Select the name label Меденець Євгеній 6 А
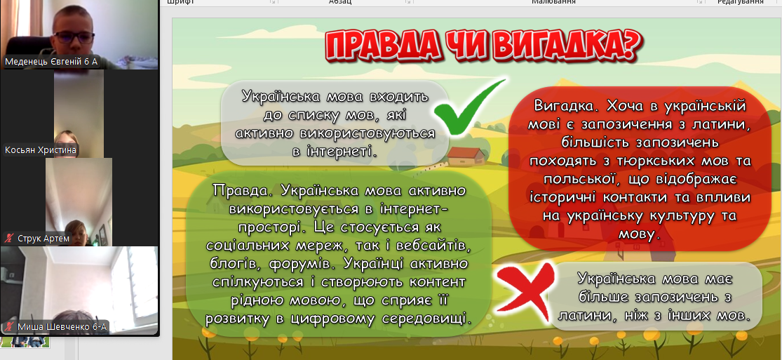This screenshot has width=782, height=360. tap(51, 62)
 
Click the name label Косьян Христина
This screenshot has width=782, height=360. tap(41, 149)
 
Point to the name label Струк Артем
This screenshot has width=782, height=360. tap(43, 239)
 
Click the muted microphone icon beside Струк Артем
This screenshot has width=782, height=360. tap(9, 239)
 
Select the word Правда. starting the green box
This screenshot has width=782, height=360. tap(243, 190)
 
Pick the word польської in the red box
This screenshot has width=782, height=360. tap(577, 180)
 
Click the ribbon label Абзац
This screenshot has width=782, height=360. tap(339, 2)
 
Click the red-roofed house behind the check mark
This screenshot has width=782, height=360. tap(466, 156)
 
